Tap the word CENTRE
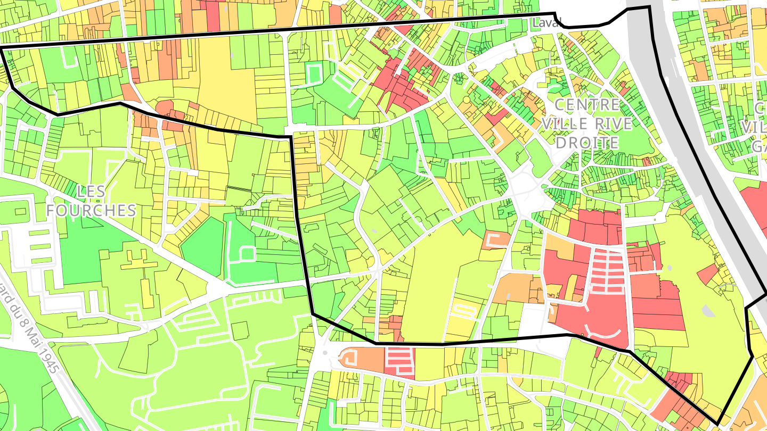(x=588, y=105)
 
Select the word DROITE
(x=588, y=143)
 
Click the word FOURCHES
(x=91, y=210)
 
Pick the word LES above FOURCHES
(x=91, y=191)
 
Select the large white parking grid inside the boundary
(x=607, y=271)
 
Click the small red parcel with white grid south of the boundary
(x=399, y=361)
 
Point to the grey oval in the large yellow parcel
(x=706, y=310)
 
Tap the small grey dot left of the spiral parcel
(x=325, y=352)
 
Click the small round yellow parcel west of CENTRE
(x=467, y=100)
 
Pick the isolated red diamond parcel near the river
(x=707, y=273)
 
